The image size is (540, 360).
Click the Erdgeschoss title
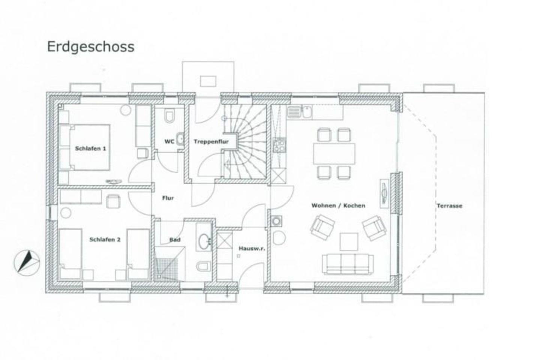coord(91,47)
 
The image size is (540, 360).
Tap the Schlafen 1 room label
coord(90,148)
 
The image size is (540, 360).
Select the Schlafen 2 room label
coord(105,239)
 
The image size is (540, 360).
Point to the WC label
coord(169,141)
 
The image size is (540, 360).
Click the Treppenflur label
coord(211,141)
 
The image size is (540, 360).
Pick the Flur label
coord(168,198)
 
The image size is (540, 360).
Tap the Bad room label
coord(175,240)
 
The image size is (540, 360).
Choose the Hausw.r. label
coord(252,248)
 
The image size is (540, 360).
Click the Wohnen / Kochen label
coord(338,205)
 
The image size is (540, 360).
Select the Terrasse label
coord(449,205)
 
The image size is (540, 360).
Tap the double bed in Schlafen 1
coord(85,147)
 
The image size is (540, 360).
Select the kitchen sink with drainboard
coord(299,112)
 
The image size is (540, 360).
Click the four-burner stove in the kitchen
coord(279,145)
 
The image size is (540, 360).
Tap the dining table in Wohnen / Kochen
coord(334,154)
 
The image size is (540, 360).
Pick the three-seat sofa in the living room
coord(348,264)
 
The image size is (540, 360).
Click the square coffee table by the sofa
coord(349,241)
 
